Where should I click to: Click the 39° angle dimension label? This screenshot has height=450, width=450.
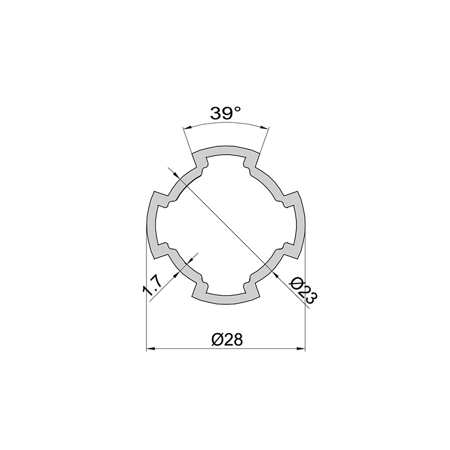(226, 113)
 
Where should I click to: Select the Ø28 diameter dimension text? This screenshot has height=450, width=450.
(227, 340)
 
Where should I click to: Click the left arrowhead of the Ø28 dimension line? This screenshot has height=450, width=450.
(151, 349)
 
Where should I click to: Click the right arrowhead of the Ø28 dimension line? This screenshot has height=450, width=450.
(300, 349)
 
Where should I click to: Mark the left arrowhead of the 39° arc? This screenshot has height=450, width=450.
(188, 128)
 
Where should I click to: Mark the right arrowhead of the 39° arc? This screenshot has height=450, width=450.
(265, 128)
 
